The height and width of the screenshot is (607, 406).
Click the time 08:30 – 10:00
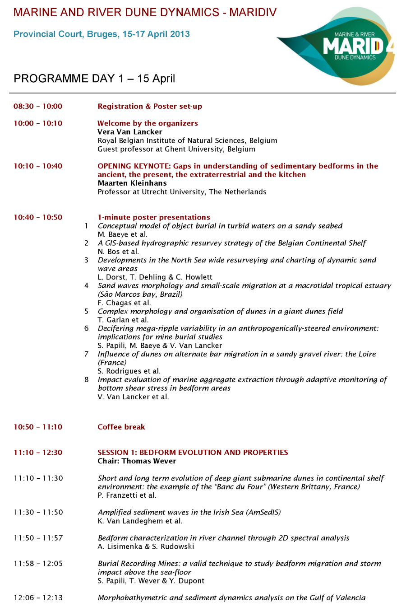point(38,107)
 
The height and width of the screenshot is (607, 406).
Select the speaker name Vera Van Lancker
point(130,132)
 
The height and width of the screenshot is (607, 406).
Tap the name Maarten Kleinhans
point(132,183)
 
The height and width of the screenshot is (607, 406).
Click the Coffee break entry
point(121,427)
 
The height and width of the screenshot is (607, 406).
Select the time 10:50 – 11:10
point(38,427)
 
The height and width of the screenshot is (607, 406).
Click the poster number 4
point(86,286)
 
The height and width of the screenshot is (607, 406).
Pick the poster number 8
point(86,380)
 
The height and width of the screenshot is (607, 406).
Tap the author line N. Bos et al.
point(118,252)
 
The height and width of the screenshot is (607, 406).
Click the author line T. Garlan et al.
point(123,320)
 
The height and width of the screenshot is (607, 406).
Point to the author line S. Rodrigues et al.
point(129,371)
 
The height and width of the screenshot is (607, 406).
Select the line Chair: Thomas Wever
point(137,461)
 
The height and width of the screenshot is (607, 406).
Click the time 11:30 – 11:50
point(38,512)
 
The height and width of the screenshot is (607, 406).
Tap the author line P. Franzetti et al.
point(127,495)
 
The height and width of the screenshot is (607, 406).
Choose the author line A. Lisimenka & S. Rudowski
point(146,546)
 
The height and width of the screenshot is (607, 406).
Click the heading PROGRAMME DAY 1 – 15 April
point(94,79)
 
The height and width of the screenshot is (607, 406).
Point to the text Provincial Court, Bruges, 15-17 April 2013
point(101,34)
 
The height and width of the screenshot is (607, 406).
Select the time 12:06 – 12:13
point(38,598)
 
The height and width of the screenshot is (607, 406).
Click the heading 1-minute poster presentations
point(154,217)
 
